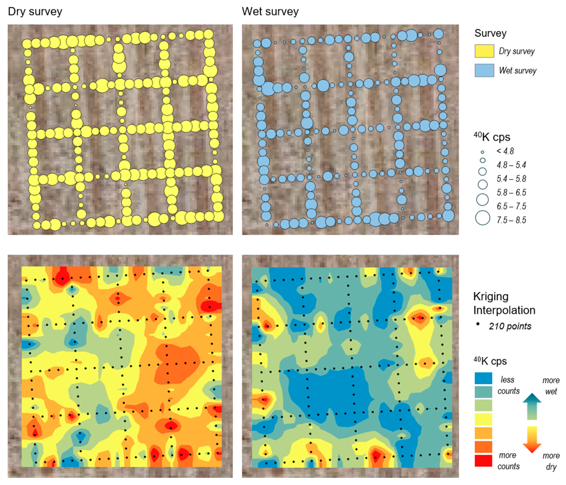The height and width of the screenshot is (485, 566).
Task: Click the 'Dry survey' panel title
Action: click(x=35, y=12)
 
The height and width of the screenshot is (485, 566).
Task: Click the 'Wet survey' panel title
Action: click(x=270, y=12)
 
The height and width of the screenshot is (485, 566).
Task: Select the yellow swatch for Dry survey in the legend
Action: click(x=484, y=51)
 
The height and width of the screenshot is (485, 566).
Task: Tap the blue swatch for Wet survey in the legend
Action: click(x=484, y=70)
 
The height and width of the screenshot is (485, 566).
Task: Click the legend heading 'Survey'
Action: click(x=490, y=33)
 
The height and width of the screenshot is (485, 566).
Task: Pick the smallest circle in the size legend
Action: click(x=482, y=152)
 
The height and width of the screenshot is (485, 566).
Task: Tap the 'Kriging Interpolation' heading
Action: click(x=504, y=303)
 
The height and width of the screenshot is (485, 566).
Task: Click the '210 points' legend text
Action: click(x=510, y=326)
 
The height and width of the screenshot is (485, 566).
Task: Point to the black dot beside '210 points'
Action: click(x=478, y=324)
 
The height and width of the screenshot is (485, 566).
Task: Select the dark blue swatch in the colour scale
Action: click(x=483, y=378)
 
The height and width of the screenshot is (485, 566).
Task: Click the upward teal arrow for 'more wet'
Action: click(x=532, y=406)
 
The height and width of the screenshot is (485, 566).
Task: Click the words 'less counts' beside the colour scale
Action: click(x=508, y=385)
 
